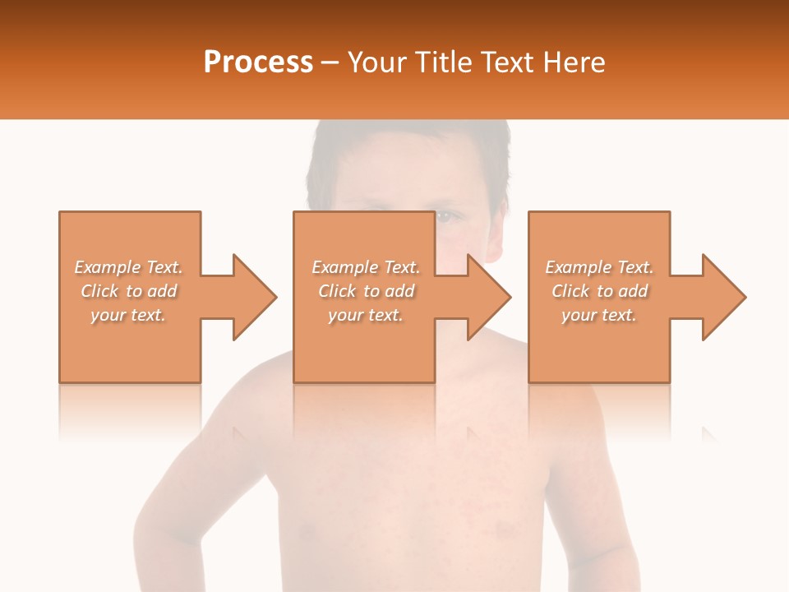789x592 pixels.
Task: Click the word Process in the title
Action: (x=258, y=62)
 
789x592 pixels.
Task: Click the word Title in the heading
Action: (x=442, y=62)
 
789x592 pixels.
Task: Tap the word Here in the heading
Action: (x=574, y=62)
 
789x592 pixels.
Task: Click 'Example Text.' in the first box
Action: (x=128, y=267)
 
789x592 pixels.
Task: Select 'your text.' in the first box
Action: (x=128, y=315)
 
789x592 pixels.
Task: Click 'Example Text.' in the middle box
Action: (x=366, y=267)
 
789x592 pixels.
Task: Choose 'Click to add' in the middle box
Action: (x=366, y=291)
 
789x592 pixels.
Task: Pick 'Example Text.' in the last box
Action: (x=599, y=267)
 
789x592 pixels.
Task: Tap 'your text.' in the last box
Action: (x=599, y=315)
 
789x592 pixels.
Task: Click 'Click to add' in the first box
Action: (x=128, y=291)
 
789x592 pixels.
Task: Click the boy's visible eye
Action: (x=444, y=216)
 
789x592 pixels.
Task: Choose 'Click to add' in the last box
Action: (x=599, y=291)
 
